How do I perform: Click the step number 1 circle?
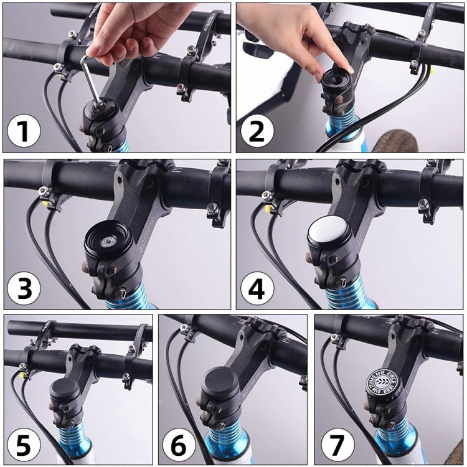pyautogui.click(x=24, y=132)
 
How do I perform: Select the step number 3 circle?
pyautogui.click(x=24, y=289)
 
